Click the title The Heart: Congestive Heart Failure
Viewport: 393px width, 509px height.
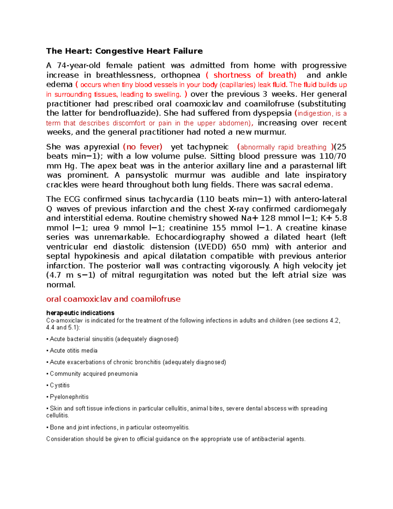click(x=124, y=51)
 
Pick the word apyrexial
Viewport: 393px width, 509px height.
click(x=101, y=147)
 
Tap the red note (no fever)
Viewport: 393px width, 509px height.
click(x=142, y=147)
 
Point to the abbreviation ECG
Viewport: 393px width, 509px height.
click(x=71, y=199)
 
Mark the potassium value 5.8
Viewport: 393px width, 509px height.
click(x=340, y=218)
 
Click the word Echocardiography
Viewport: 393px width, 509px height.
click(x=190, y=237)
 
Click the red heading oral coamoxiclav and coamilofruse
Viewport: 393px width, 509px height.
click(x=113, y=299)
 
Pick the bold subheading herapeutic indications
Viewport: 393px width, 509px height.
click(x=80, y=313)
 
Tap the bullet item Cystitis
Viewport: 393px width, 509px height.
click(x=60, y=385)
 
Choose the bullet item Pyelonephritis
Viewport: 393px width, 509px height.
click(x=69, y=397)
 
